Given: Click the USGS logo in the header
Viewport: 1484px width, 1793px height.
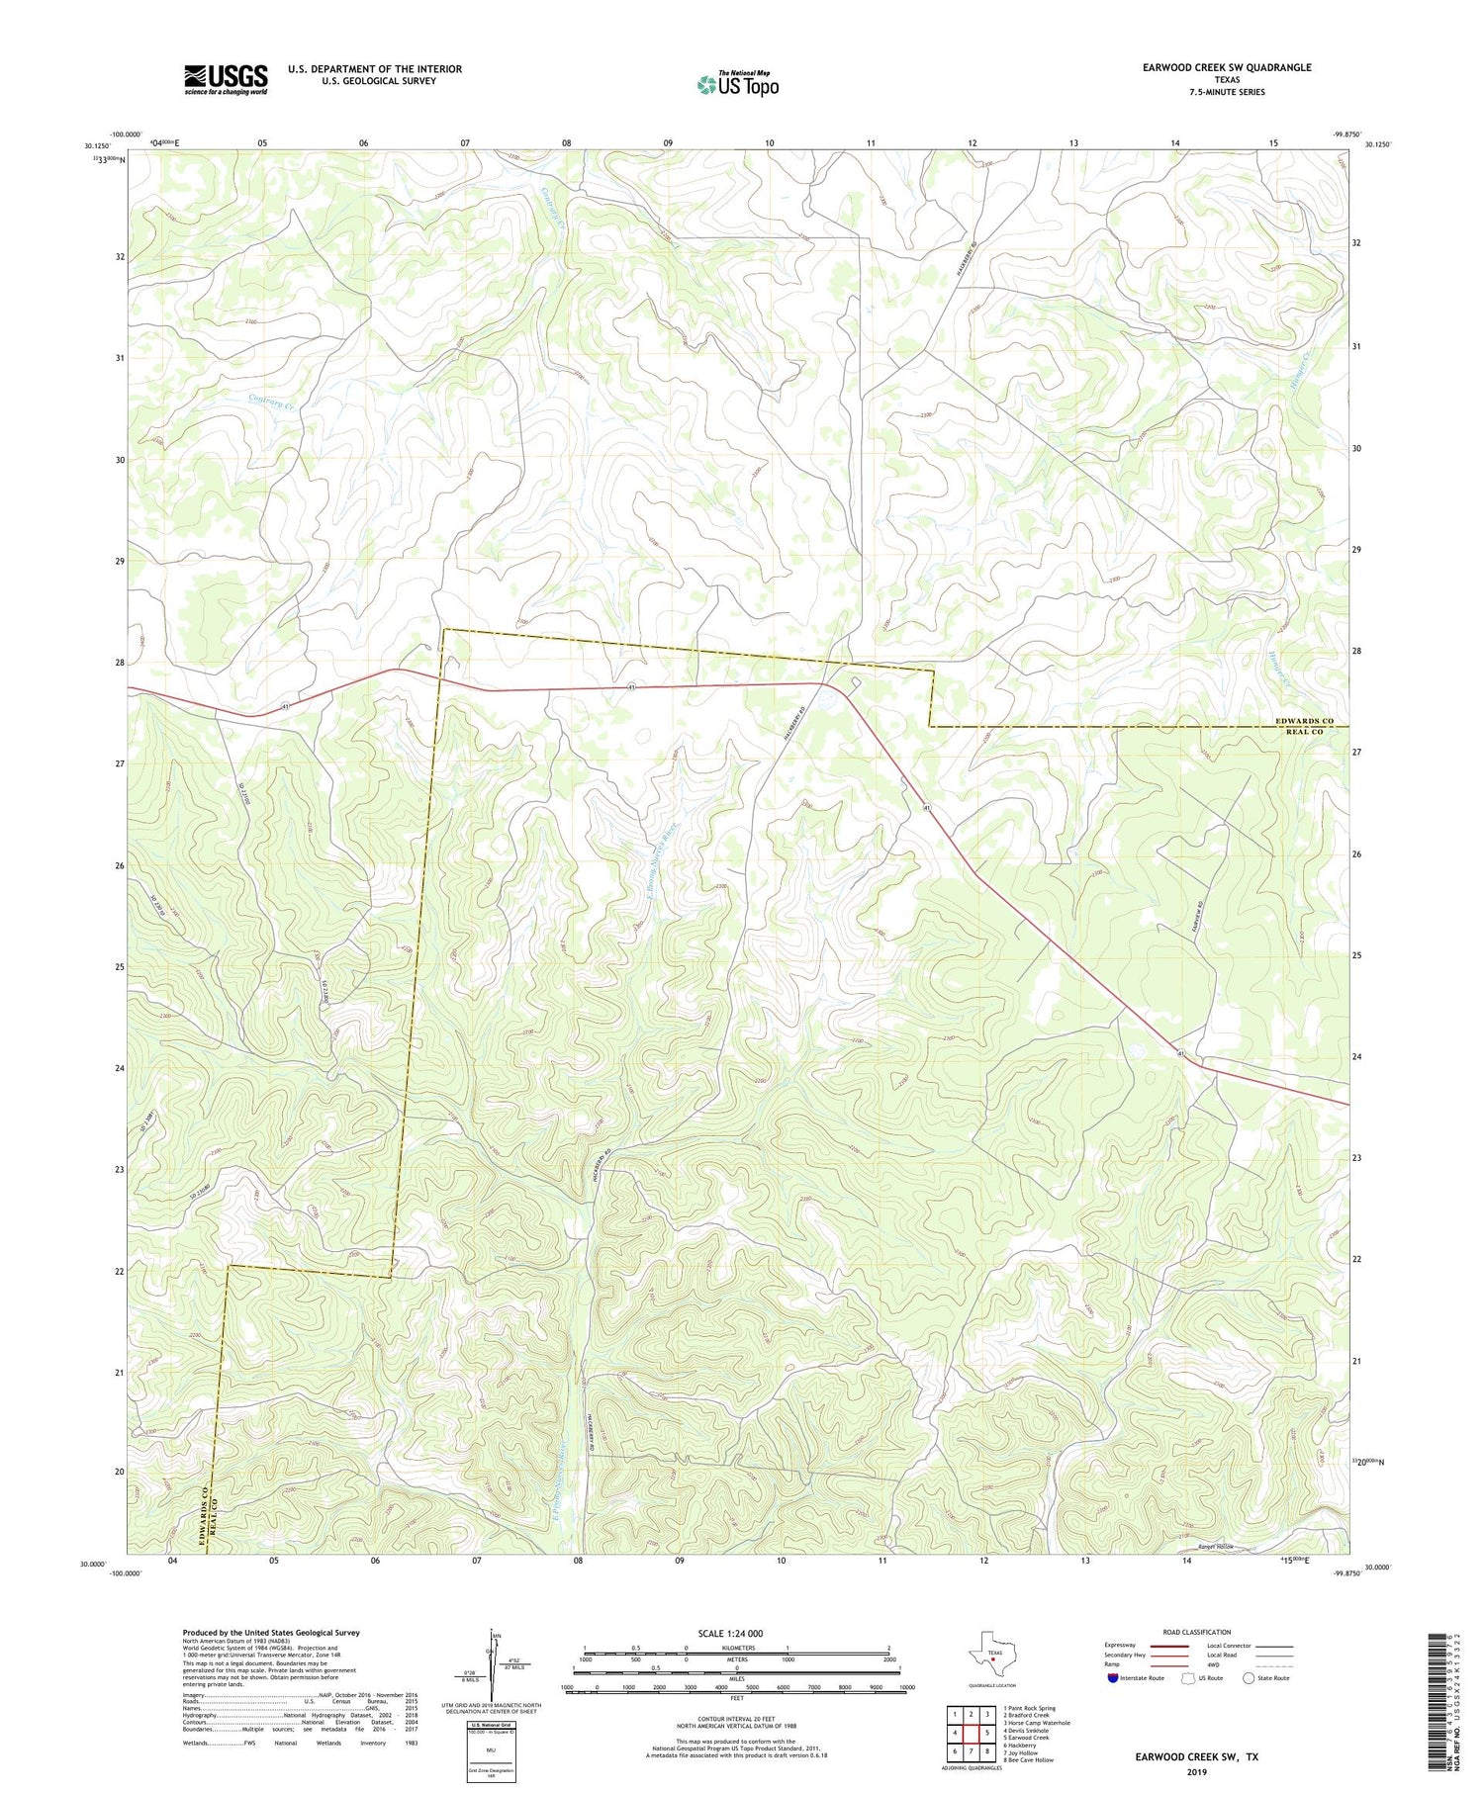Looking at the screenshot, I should [226, 79].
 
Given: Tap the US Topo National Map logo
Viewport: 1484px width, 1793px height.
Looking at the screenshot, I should [737, 84].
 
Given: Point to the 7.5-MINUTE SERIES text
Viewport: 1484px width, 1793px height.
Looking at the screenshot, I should [1227, 92].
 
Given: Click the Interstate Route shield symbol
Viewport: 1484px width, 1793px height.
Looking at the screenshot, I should [1115, 1678].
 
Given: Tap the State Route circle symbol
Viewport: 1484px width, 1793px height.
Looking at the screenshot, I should [1250, 1678].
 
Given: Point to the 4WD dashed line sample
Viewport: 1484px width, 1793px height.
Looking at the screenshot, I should [1276, 1664].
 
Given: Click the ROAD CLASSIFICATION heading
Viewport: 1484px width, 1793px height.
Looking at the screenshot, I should [1197, 1632].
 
